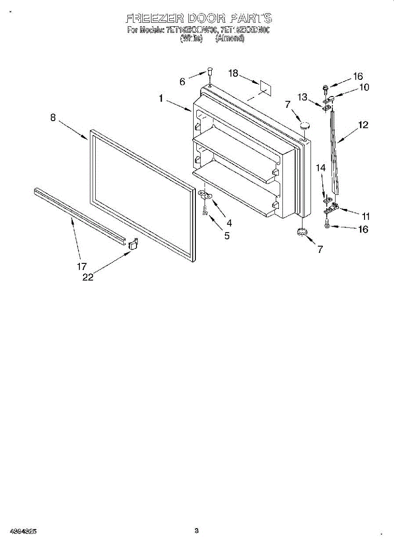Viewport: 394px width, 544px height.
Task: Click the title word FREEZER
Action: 152,19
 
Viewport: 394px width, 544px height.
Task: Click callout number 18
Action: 233,73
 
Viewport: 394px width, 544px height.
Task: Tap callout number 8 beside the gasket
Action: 53,117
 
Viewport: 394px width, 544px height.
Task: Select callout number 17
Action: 82,266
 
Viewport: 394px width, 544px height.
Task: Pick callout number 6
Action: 182,82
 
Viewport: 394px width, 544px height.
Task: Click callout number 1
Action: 161,97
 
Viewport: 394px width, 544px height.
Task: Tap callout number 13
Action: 302,97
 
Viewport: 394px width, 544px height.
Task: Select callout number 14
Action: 321,168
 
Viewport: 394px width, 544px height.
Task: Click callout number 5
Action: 226,235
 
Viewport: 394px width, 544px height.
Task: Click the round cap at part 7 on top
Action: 305,124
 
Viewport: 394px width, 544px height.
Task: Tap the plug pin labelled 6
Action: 210,70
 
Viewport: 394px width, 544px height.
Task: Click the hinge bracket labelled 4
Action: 207,195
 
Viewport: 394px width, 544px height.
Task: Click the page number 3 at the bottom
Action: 197,530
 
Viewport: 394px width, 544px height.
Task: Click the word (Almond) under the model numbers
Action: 230,39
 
